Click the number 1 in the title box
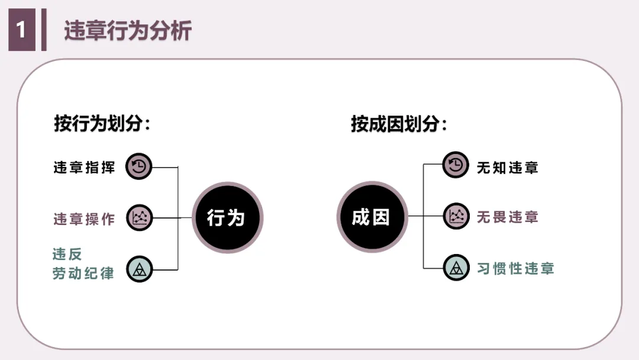pos(22,30)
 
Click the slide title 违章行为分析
pos(128,31)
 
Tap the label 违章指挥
pos(84,167)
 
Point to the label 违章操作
pos(84,218)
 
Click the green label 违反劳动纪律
pos(83,264)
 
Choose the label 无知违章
pos(508,167)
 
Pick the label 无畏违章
pos(508,217)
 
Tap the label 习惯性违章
pos(515,268)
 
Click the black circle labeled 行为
pos(227,217)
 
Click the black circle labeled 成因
pos(372,217)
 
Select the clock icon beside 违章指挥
pos(140,167)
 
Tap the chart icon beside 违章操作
pos(140,218)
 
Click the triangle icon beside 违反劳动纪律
pos(140,269)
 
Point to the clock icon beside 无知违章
pos(456,166)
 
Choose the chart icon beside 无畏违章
pos(456,216)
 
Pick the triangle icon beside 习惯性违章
pos(456,268)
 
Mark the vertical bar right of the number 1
pos(44,30)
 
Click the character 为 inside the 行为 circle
pos(236,217)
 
